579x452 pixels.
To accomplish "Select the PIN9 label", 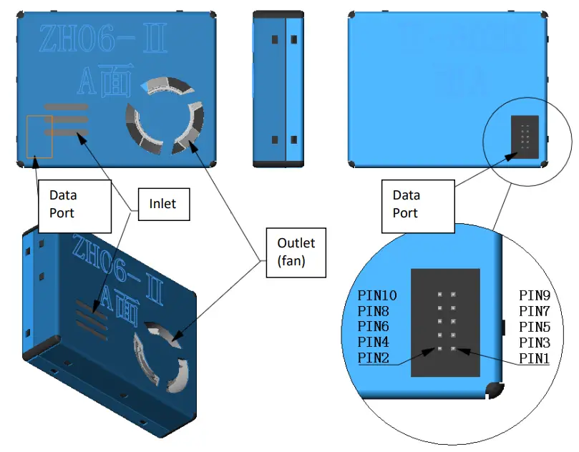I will coord(534,296).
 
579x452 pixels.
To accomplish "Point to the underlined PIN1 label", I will coord(534,358).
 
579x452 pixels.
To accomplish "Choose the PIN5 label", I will coord(534,327).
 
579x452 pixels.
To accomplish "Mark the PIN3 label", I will coord(534,343).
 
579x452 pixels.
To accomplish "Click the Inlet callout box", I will coord(162,205).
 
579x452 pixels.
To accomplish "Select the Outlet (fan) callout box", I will coord(296,252).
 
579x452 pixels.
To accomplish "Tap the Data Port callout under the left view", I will coord(74,205).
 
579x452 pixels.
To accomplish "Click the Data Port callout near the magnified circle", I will coord(418,205).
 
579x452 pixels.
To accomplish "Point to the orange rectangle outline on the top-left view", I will coord(39,136).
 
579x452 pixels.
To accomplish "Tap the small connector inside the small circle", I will coord(525,135).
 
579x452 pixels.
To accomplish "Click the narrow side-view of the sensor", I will coord(276,89).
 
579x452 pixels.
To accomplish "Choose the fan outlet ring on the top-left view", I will coord(165,114).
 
